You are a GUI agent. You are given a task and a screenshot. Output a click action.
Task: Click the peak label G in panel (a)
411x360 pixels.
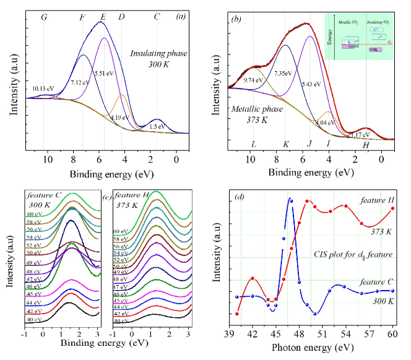pyautogui.click(x=44, y=17)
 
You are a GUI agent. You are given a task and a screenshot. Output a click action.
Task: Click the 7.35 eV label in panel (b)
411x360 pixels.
pyautogui.click(x=284, y=74)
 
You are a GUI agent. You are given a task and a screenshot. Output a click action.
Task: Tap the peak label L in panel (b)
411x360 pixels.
pyautogui.click(x=254, y=145)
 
